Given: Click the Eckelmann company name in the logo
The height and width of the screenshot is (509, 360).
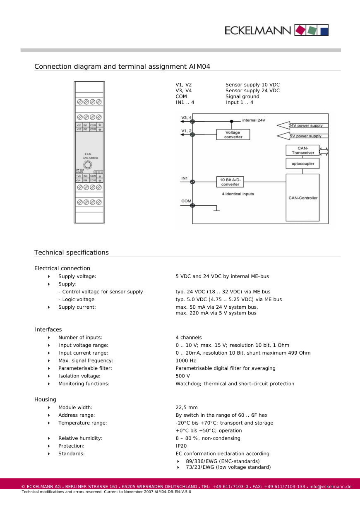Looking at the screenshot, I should click(x=259, y=30).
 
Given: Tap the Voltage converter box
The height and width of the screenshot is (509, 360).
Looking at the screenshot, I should click(x=233, y=134).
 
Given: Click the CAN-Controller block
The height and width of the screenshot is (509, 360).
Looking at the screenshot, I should click(x=302, y=198).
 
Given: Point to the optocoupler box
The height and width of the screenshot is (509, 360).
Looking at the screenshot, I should click(x=302, y=163).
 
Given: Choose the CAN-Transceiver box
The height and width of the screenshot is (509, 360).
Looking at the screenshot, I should click(x=302, y=150).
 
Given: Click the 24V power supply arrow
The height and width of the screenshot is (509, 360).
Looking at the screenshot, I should click(x=302, y=125).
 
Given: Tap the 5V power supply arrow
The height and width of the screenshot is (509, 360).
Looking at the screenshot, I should click(x=302, y=136).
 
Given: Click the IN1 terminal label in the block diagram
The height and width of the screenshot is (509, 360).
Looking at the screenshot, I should click(x=185, y=178).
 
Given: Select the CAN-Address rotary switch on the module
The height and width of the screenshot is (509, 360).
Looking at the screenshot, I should click(x=88, y=164).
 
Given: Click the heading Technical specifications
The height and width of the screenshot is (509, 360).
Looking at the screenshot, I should click(x=72, y=252).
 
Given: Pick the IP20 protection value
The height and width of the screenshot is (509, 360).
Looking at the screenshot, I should click(x=181, y=446).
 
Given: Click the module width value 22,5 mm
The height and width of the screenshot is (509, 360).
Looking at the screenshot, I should click(x=187, y=408).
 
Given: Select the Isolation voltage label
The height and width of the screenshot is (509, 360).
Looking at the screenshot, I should click(x=79, y=376).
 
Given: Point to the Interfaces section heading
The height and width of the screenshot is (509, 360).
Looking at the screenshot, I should click(x=48, y=329).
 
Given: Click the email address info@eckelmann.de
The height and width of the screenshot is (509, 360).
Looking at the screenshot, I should click(x=330, y=486).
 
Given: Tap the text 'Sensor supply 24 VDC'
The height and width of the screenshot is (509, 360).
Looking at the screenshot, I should click(x=252, y=91).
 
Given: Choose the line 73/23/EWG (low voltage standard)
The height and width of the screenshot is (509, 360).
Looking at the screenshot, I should click(x=228, y=467).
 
